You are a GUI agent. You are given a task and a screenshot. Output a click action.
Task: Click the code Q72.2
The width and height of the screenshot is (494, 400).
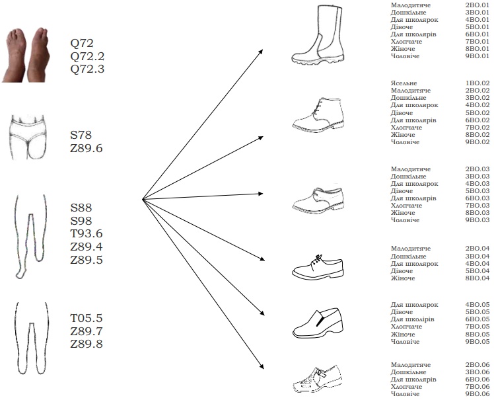(87, 56)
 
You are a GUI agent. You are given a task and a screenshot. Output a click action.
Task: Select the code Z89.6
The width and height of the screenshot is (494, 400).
(87, 148)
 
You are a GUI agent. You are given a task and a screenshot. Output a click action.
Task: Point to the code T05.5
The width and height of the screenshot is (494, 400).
(87, 318)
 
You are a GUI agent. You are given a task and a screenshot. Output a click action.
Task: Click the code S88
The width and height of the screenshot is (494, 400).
(81, 208)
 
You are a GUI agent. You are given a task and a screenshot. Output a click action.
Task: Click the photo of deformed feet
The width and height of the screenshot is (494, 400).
(25, 55)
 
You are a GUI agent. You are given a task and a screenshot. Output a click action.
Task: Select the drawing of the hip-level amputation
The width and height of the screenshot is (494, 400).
(28, 137)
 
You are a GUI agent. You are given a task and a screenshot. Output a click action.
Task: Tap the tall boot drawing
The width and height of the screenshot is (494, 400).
(317, 35)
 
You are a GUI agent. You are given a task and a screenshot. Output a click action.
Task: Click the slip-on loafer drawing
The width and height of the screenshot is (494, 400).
(318, 323)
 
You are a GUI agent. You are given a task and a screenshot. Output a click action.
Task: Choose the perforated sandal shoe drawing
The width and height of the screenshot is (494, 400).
(318, 379)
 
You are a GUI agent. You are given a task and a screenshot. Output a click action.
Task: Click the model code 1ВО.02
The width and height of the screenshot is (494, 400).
(477, 83)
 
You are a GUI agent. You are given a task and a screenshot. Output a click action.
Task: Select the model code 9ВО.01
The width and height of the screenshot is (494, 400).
(477, 56)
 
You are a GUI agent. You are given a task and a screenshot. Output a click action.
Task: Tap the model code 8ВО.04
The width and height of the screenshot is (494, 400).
(477, 278)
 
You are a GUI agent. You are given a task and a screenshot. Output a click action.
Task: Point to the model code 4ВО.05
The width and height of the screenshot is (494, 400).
(477, 304)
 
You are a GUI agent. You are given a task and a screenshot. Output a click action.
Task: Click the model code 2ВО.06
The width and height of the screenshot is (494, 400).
(477, 365)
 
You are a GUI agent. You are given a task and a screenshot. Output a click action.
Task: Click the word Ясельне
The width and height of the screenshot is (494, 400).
(404, 83)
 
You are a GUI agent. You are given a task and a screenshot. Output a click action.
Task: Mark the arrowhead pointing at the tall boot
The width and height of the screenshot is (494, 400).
(261, 52)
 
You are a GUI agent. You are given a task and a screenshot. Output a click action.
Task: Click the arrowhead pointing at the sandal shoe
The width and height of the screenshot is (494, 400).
(262, 366)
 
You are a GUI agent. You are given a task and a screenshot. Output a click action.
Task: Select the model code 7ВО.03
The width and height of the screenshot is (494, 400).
(477, 206)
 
